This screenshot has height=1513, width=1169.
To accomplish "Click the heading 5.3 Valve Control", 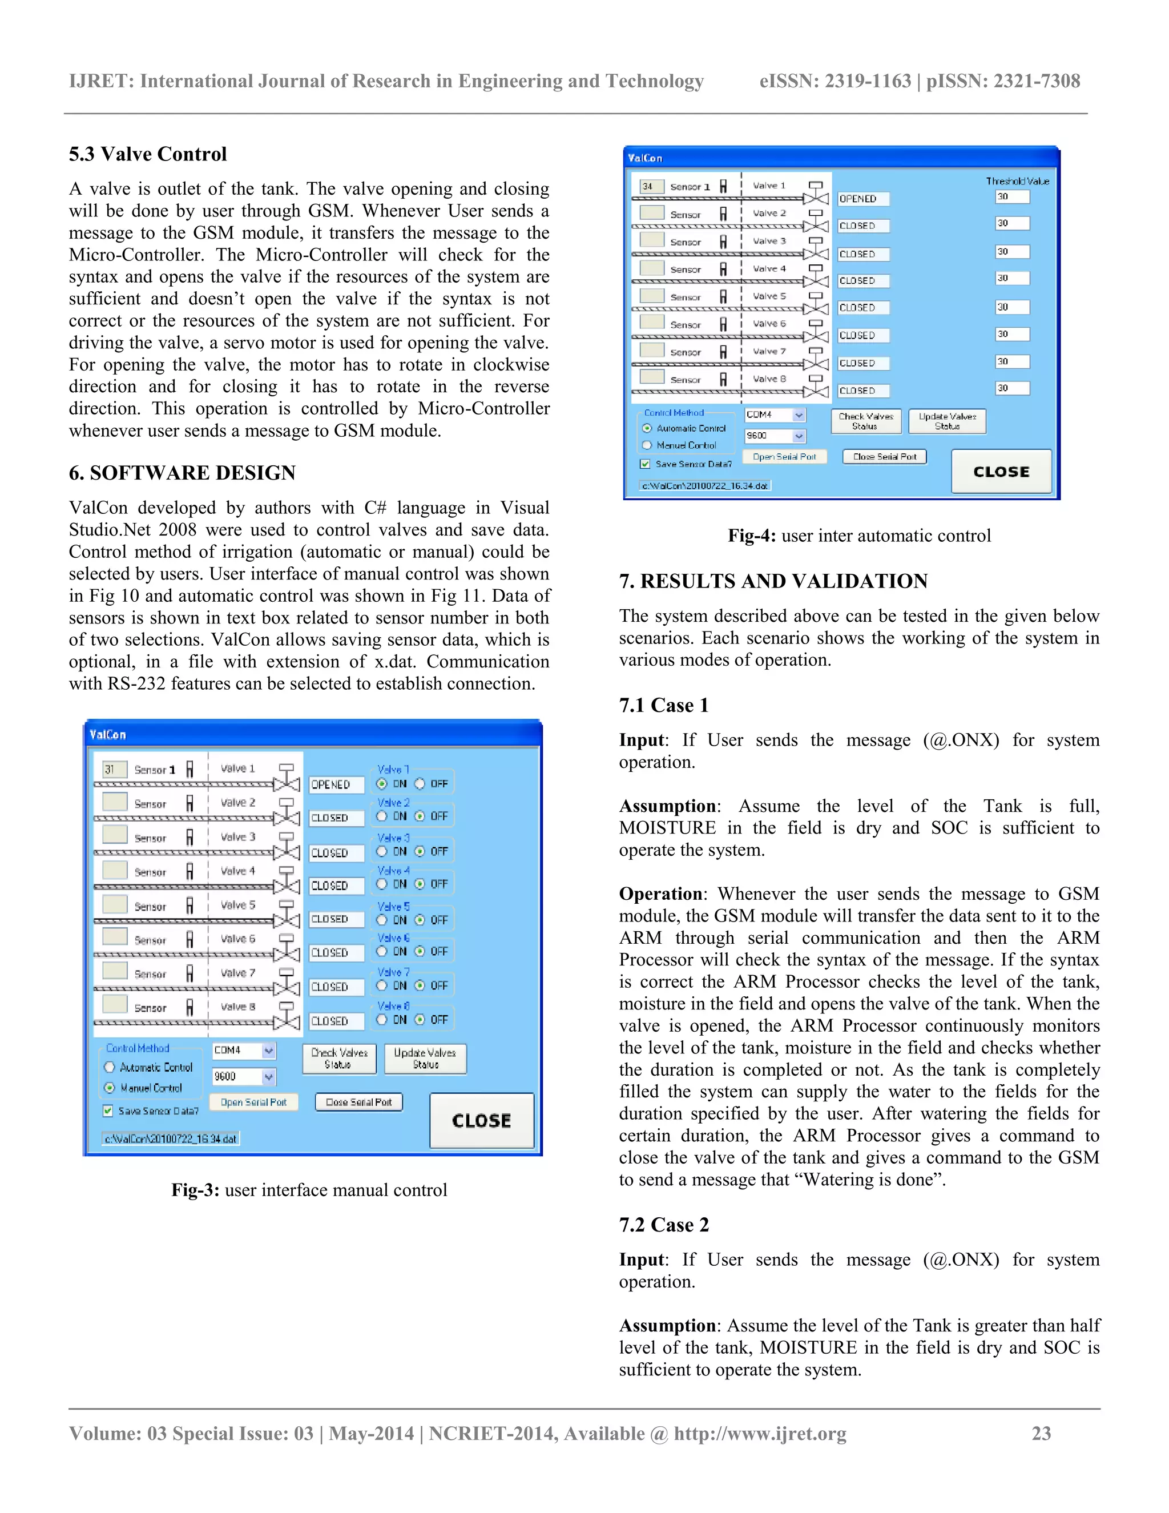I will (147, 154).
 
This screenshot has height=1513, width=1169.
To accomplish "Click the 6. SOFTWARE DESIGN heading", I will (182, 473).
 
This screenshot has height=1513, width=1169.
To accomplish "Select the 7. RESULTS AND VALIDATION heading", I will (773, 581).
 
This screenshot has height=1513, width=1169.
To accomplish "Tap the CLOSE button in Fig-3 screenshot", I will (481, 1120).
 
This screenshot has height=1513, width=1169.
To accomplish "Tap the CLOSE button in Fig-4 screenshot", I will (1001, 472).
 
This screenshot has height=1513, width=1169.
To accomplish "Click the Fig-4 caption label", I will (858, 536).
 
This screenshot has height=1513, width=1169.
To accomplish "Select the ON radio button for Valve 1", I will (382, 783).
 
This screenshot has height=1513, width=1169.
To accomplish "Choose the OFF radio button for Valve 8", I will (420, 1019).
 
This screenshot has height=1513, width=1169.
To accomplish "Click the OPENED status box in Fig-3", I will (335, 784).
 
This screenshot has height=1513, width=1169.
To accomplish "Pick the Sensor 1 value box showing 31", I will (114, 769).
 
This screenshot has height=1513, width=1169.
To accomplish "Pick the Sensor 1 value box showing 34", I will (651, 186).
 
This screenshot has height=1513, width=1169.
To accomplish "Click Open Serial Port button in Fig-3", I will (253, 1101).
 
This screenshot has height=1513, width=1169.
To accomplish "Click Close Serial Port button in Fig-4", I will (884, 457).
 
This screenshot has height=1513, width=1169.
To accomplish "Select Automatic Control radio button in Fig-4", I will (647, 428).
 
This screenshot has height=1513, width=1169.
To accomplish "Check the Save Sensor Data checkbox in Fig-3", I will (108, 1110).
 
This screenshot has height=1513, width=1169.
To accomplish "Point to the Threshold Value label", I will (1017, 181).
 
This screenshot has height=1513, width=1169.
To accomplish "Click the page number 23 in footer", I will (1041, 1433).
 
